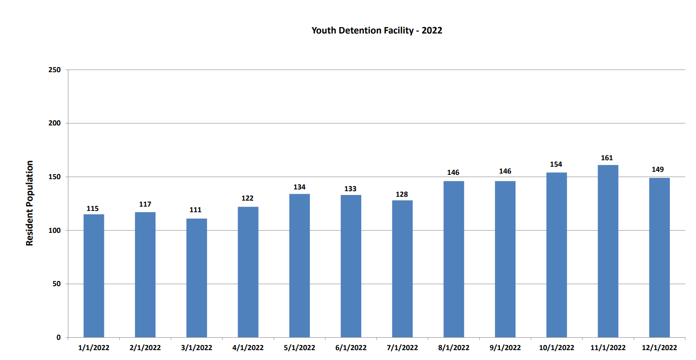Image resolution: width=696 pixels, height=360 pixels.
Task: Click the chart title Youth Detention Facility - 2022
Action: click(x=377, y=31)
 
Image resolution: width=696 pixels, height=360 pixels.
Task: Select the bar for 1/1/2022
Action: click(x=94, y=276)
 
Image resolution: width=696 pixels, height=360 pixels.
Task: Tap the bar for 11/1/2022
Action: click(x=608, y=251)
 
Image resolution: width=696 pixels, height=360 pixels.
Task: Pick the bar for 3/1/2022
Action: click(x=196, y=278)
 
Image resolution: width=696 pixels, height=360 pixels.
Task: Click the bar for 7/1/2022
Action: click(x=402, y=269)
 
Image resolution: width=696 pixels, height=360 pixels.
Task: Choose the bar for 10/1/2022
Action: click(x=556, y=255)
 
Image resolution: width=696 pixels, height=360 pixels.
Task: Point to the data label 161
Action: click(x=607, y=158)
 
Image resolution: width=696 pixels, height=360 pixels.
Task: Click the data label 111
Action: click(x=195, y=210)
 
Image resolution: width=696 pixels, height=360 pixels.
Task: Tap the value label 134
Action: click(x=299, y=187)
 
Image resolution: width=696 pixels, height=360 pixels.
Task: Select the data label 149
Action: click(x=657, y=170)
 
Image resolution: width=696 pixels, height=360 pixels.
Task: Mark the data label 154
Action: click(x=556, y=165)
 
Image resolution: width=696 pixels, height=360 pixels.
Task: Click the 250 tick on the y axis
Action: click(x=55, y=70)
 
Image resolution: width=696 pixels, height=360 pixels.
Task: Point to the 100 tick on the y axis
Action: click(x=55, y=230)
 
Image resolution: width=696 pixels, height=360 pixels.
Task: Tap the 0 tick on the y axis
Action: click(x=58, y=337)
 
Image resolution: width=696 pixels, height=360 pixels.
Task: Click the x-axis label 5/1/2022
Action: click(x=299, y=348)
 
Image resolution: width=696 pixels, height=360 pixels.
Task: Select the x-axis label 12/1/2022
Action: click(x=659, y=348)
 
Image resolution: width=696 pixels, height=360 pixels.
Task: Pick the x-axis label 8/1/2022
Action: click(x=454, y=348)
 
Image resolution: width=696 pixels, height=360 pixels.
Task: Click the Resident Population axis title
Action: click(x=29, y=203)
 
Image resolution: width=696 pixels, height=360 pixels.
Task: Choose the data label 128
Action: click(x=402, y=195)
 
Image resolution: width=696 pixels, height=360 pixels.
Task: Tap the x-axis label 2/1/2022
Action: click(x=145, y=348)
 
